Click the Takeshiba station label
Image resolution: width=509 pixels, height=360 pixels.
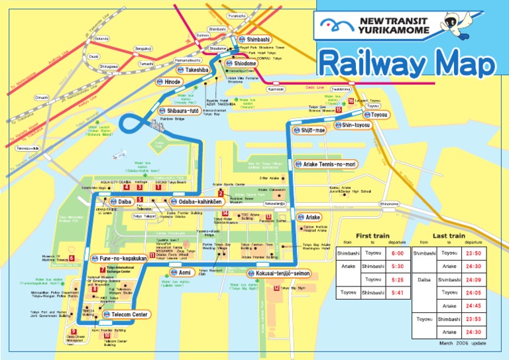pyautogui.click(x=197, y=70)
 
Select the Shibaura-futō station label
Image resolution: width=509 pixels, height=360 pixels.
pyautogui.click(x=184, y=111)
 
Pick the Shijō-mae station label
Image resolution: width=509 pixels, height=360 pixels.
pyautogui.click(x=314, y=131)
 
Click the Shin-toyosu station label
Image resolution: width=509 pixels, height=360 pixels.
pyautogui.click(x=356, y=124)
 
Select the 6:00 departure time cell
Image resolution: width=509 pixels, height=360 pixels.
pyautogui.click(x=397, y=253)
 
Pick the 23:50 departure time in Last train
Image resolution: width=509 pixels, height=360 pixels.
pyautogui.click(x=473, y=253)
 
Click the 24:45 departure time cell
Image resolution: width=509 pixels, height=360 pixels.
pyautogui.click(x=473, y=306)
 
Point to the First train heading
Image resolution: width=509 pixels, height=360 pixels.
pyautogui.click(x=373, y=235)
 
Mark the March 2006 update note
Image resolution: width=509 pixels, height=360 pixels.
pyautogui.click(x=463, y=343)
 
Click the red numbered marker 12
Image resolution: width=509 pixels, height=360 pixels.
pyautogui.click(x=276, y=288)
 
